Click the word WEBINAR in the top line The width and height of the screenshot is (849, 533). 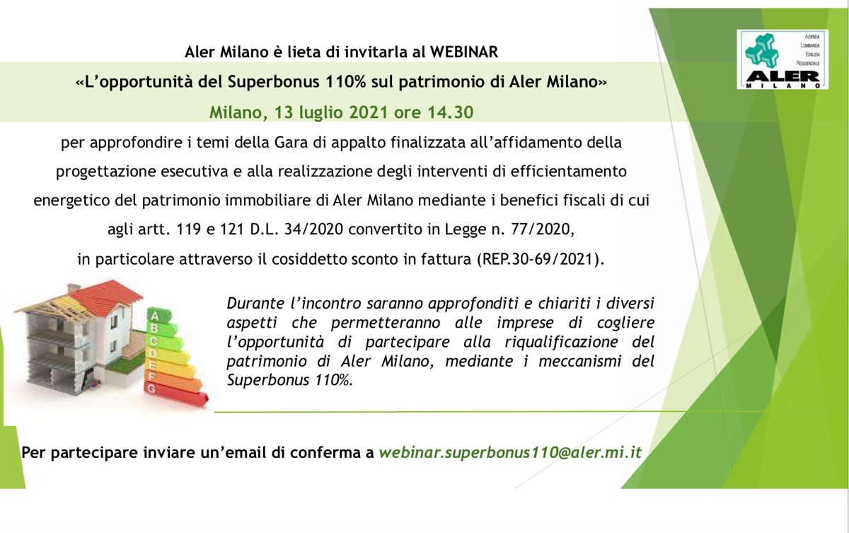coord(464,52)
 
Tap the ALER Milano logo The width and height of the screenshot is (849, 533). coord(782,59)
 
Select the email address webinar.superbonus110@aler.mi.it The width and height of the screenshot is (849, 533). coord(510,452)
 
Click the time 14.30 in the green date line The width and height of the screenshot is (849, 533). coord(451,113)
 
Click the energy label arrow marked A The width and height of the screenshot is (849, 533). coord(159,316)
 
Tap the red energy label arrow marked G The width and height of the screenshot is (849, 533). coord(176,394)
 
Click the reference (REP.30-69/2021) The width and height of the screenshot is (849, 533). coord(541,259)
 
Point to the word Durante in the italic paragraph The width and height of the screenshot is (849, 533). coord(255,303)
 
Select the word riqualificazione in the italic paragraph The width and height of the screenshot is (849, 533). coord(561,342)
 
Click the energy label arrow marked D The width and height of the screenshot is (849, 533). coord(168,355)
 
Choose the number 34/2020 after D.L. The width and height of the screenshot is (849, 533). coord(313,229)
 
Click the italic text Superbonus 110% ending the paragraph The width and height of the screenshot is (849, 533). coord(290,380)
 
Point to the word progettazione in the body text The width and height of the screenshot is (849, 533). coord(105,172)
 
